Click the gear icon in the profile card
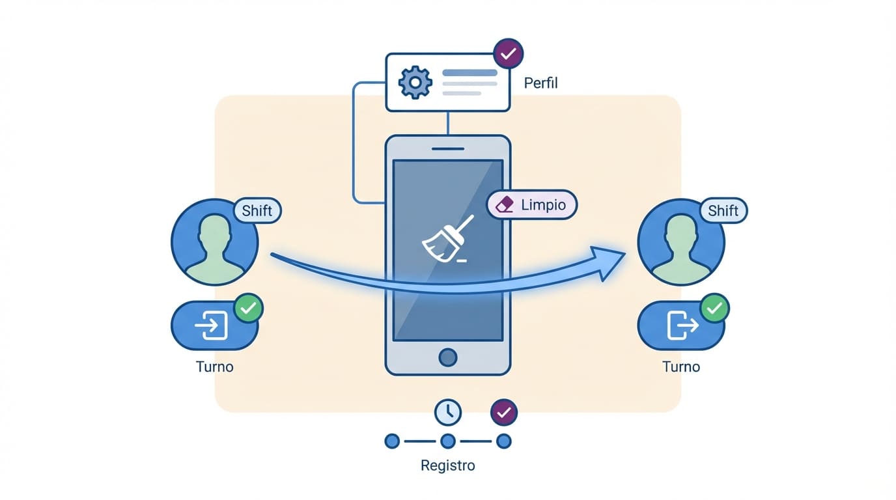[415, 83]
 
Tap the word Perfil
[540, 83]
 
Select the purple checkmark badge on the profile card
[509, 53]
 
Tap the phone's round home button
[447, 357]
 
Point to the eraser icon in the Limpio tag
[505, 205]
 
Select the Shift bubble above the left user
[257, 211]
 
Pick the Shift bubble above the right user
[723, 211]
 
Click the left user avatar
[214, 242]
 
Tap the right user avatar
[680, 242]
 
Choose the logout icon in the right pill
[681, 326]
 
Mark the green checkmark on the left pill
[248, 308]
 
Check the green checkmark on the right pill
[714, 308]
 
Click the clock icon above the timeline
[447, 412]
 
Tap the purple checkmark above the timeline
[503, 412]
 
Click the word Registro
[447, 465]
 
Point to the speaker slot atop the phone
[447, 148]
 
